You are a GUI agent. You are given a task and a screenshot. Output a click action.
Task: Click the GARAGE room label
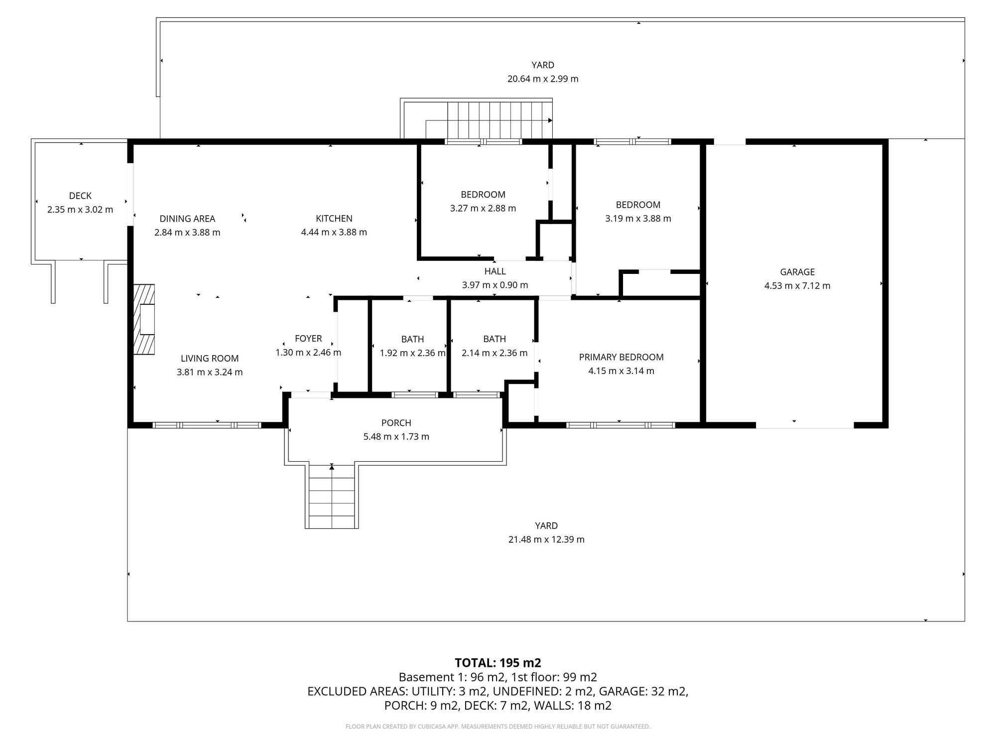797,272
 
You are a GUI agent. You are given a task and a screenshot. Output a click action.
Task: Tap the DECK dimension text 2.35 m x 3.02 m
80,210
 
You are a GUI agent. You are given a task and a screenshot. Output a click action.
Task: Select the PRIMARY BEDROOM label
621,357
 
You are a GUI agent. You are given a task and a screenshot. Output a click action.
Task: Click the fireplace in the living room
144,319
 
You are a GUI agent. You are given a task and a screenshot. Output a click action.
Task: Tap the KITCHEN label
334,218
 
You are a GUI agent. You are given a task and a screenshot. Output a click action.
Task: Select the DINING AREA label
187,218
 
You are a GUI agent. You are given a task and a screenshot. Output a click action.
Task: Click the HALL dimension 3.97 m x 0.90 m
495,285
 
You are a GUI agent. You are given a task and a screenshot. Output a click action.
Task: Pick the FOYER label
308,339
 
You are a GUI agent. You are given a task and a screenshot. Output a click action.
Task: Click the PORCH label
396,423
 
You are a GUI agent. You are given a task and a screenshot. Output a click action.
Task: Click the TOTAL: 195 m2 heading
498,663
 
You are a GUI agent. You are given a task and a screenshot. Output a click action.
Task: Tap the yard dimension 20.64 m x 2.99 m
543,79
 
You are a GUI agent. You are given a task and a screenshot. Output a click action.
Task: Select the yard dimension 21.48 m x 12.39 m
546,539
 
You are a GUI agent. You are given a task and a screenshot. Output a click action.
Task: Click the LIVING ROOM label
210,358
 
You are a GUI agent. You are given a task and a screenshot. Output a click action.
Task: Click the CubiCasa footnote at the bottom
498,727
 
